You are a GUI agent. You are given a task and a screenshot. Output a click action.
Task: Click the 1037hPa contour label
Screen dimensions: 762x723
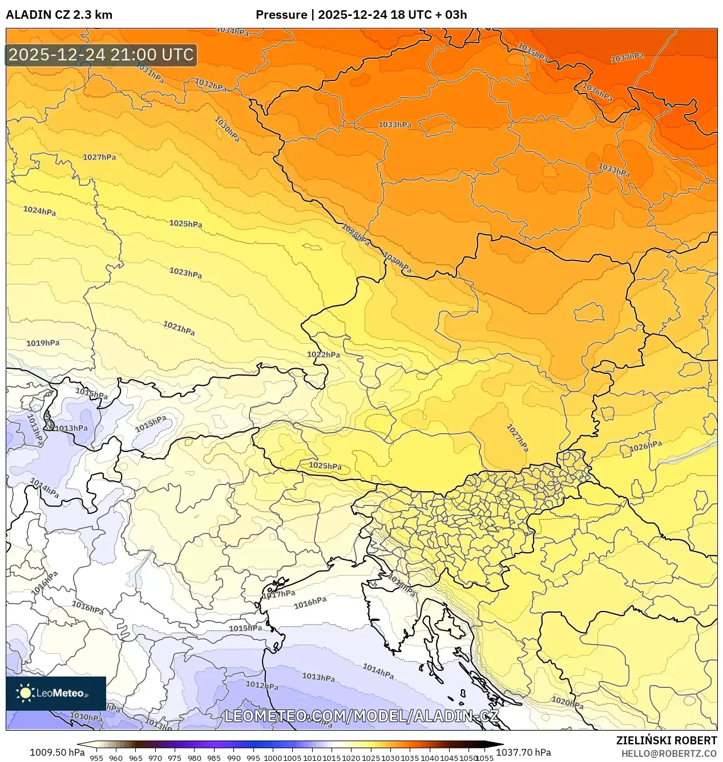627,58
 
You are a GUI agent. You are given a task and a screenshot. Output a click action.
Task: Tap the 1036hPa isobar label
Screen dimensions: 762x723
597,92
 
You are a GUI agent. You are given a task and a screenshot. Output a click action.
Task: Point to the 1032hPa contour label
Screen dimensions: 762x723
211,85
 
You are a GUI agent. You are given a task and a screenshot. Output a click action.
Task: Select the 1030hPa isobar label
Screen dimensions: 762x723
227,129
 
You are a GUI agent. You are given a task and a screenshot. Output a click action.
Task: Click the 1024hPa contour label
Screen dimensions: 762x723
39,211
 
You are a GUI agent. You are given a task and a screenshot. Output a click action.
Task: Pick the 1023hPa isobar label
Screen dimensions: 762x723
185,273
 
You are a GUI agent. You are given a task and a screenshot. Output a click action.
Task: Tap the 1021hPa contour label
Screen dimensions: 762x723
179,328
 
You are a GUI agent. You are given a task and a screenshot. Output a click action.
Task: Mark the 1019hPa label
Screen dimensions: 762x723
43,343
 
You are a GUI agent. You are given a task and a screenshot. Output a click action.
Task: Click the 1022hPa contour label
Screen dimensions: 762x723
324,354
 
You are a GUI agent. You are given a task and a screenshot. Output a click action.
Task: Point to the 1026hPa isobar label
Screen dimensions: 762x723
646,447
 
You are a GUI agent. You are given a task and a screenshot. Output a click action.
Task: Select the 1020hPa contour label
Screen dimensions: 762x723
568,702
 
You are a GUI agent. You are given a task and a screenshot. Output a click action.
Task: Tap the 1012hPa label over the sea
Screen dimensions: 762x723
262,685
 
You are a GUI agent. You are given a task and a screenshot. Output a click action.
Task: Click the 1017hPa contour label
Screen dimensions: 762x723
278,594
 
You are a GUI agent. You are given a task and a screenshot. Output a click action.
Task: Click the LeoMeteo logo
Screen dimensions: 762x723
55,693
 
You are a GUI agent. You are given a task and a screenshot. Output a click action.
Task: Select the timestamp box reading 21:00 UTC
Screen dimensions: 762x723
102,55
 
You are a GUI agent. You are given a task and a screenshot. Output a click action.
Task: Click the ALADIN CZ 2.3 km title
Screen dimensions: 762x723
59,15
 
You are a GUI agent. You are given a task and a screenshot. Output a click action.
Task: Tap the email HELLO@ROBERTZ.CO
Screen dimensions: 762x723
669,753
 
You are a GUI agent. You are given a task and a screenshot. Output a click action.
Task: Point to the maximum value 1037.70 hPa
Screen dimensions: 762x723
523,752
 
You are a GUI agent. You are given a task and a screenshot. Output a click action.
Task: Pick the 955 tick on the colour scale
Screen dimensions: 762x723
96,758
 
